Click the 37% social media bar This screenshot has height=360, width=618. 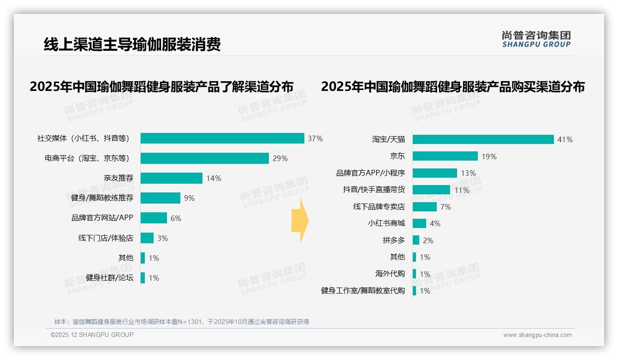pyautogui.click(x=222, y=138)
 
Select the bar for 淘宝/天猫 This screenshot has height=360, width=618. pyautogui.click(x=483, y=139)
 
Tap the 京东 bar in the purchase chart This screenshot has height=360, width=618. pyautogui.click(x=445, y=156)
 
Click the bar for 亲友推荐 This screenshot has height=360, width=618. pyautogui.click(x=172, y=178)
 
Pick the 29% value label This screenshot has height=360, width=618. pyautogui.click(x=280, y=158)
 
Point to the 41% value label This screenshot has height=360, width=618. pyautogui.click(x=565, y=139)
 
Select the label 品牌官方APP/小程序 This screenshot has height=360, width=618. pyautogui.click(x=370, y=173)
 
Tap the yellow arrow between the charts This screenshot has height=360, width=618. pyautogui.click(x=300, y=221)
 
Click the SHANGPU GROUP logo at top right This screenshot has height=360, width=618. pyautogui.click(x=536, y=39)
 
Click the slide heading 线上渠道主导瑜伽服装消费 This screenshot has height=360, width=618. pyautogui.click(x=132, y=44)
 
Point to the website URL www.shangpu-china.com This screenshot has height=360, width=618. pyautogui.click(x=537, y=335)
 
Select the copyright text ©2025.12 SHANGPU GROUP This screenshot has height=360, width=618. pyautogui.click(x=92, y=335)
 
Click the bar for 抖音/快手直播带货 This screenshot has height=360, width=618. pyautogui.click(x=431, y=190)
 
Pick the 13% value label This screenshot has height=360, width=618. pyautogui.click(x=468, y=173)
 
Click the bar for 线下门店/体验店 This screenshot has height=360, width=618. pyautogui.click(x=147, y=238)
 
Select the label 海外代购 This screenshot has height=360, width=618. pyautogui.click(x=390, y=274)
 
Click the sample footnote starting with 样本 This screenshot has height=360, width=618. pyautogui.click(x=182, y=322)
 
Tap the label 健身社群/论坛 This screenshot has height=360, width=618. pyautogui.click(x=109, y=278)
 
